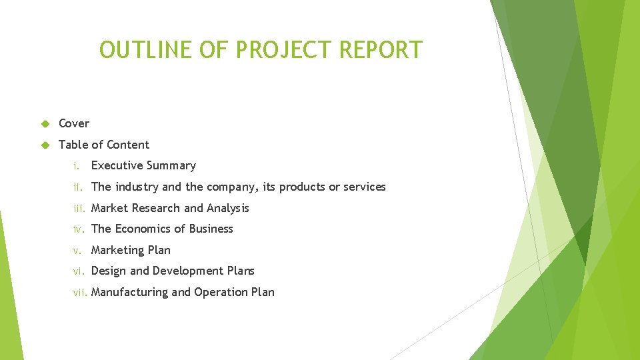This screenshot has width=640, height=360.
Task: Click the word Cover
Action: coord(74,123)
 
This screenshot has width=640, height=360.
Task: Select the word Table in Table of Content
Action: coord(73,145)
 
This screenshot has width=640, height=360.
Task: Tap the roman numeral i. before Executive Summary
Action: coord(77,166)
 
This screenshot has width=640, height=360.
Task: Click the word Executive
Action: coord(117,166)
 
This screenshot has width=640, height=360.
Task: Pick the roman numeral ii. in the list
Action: coord(79,187)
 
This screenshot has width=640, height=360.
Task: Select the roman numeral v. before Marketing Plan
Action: coord(78,250)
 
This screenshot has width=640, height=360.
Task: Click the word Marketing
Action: coord(119,250)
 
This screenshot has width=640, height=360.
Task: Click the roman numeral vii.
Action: coord(81,292)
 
